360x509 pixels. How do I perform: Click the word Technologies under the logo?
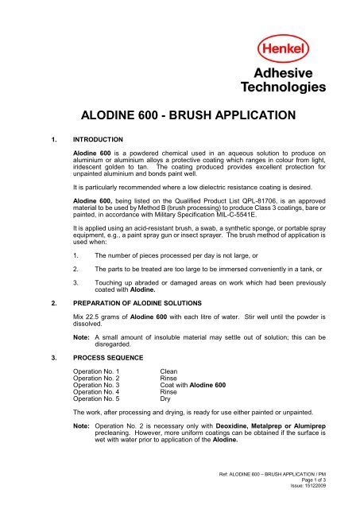(295, 85)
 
